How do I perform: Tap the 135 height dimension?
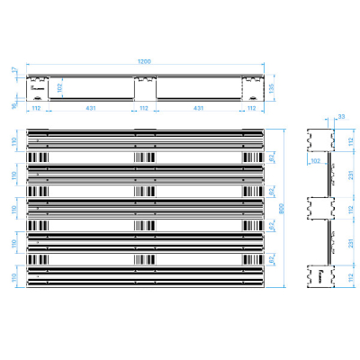tap(271, 87)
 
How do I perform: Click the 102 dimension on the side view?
tap(316, 160)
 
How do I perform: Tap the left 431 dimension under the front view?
tap(91, 108)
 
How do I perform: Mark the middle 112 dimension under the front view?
tap(144, 108)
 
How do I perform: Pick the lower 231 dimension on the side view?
tap(348, 242)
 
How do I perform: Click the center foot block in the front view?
tap(144, 88)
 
